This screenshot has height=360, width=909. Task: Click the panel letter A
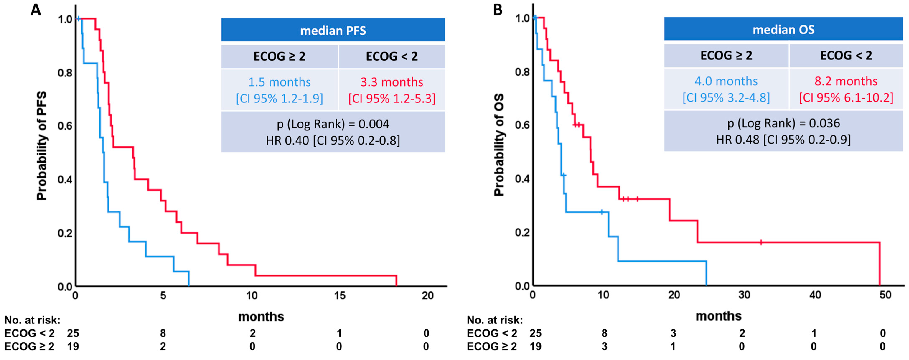(36, 10)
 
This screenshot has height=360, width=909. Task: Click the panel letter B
(498, 10)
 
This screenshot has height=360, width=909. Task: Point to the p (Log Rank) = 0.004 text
(333, 124)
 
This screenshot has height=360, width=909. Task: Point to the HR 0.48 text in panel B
(783, 140)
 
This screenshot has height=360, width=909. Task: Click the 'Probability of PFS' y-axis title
(42, 146)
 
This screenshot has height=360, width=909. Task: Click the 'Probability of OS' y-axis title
(499, 145)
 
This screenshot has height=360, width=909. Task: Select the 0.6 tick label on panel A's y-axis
(65, 126)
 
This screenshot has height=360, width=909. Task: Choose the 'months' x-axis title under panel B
(718, 316)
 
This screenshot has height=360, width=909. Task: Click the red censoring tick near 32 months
(761, 242)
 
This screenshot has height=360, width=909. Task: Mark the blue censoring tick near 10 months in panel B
(602, 212)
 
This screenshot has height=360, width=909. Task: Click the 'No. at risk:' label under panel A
(32, 320)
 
